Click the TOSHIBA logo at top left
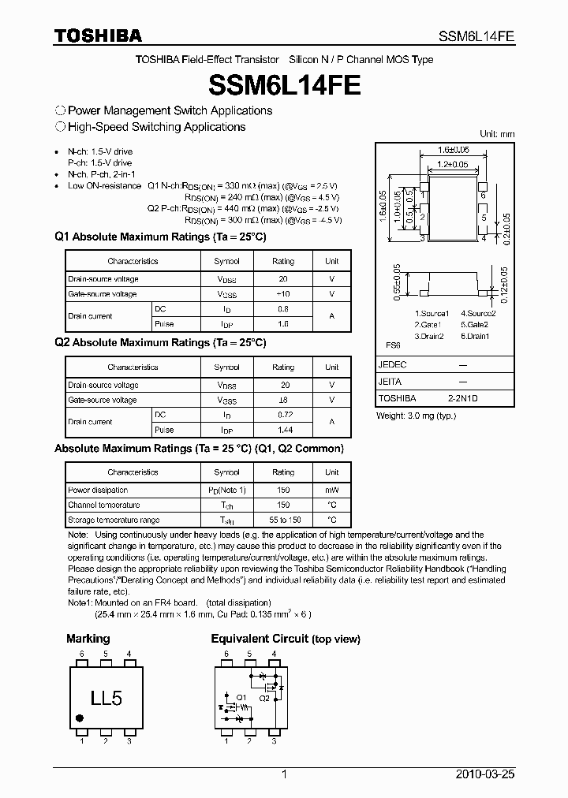click(98, 35)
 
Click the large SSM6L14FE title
click(284, 84)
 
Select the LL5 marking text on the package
click(106, 698)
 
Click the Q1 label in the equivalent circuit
click(241, 697)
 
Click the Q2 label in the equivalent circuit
click(265, 697)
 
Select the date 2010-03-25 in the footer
click(488, 775)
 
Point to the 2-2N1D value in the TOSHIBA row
click(462, 398)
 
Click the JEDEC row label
click(392, 365)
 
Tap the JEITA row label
click(390, 382)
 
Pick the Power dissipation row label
click(92, 490)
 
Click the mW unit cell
click(332, 490)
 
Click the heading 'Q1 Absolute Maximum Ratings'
click(160, 237)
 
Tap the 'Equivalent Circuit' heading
click(260, 639)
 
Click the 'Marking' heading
click(88, 639)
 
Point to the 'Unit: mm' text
click(497, 134)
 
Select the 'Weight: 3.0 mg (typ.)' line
click(417, 416)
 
